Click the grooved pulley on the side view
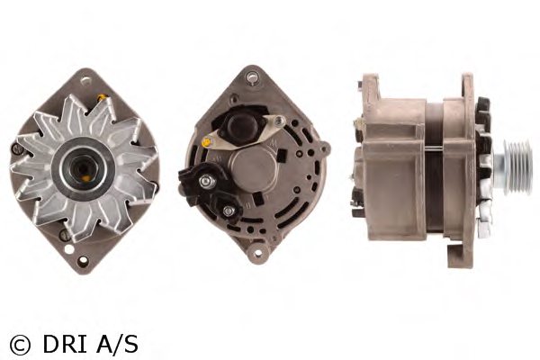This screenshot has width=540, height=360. pyautogui.click(x=517, y=167)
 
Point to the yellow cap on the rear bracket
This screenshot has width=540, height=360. pyautogui.click(x=206, y=141)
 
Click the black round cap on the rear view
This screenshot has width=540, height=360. pyautogui.click(x=242, y=122)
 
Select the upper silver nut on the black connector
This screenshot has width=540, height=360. pyautogui.click(x=205, y=181)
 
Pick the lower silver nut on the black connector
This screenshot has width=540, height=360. pyautogui.click(x=228, y=211)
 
